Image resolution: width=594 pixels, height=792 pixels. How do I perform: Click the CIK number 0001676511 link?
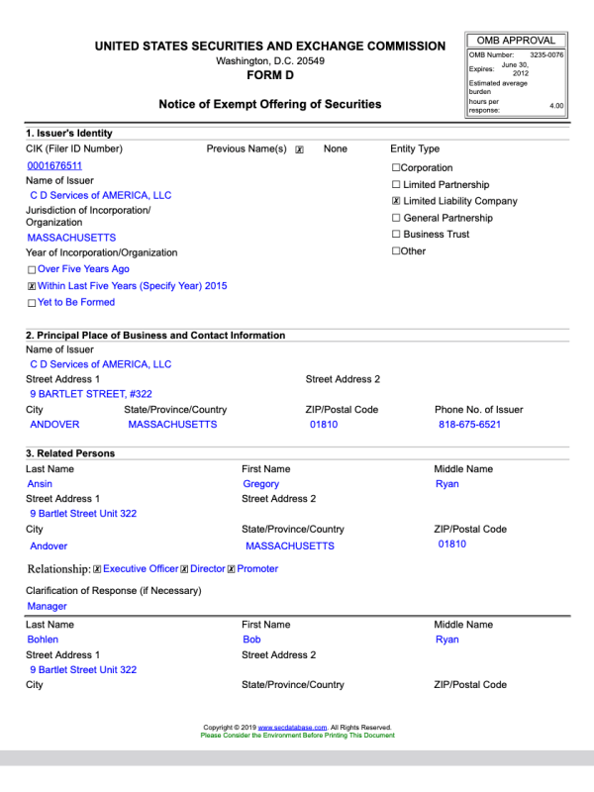pos(54,165)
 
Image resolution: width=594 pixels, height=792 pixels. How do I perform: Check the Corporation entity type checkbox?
pos(396,168)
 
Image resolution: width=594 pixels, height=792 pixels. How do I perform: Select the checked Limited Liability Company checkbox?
pos(396,201)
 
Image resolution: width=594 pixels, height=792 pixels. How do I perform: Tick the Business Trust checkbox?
pos(396,235)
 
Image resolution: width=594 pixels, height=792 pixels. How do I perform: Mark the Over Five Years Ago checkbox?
pos(32,269)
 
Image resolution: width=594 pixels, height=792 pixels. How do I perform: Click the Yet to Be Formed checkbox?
pos(32,303)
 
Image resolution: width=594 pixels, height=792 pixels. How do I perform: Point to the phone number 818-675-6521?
pos(469,425)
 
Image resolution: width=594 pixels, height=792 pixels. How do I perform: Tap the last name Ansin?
pos(40,484)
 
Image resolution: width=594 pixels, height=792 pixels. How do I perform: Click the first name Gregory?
pos(261,484)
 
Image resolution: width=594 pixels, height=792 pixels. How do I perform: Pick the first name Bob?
pos(251,640)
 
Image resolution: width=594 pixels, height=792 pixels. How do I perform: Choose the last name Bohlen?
pos(43,640)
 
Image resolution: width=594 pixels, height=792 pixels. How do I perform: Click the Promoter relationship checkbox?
pos(231,569)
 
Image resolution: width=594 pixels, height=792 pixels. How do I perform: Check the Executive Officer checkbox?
pos(97,569)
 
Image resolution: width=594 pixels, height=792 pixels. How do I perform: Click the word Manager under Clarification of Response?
pos(48,606)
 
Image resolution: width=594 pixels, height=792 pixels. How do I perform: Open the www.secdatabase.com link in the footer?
pos(292,728)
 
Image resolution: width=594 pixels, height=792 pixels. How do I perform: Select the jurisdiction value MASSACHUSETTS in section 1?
pos(71,238)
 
